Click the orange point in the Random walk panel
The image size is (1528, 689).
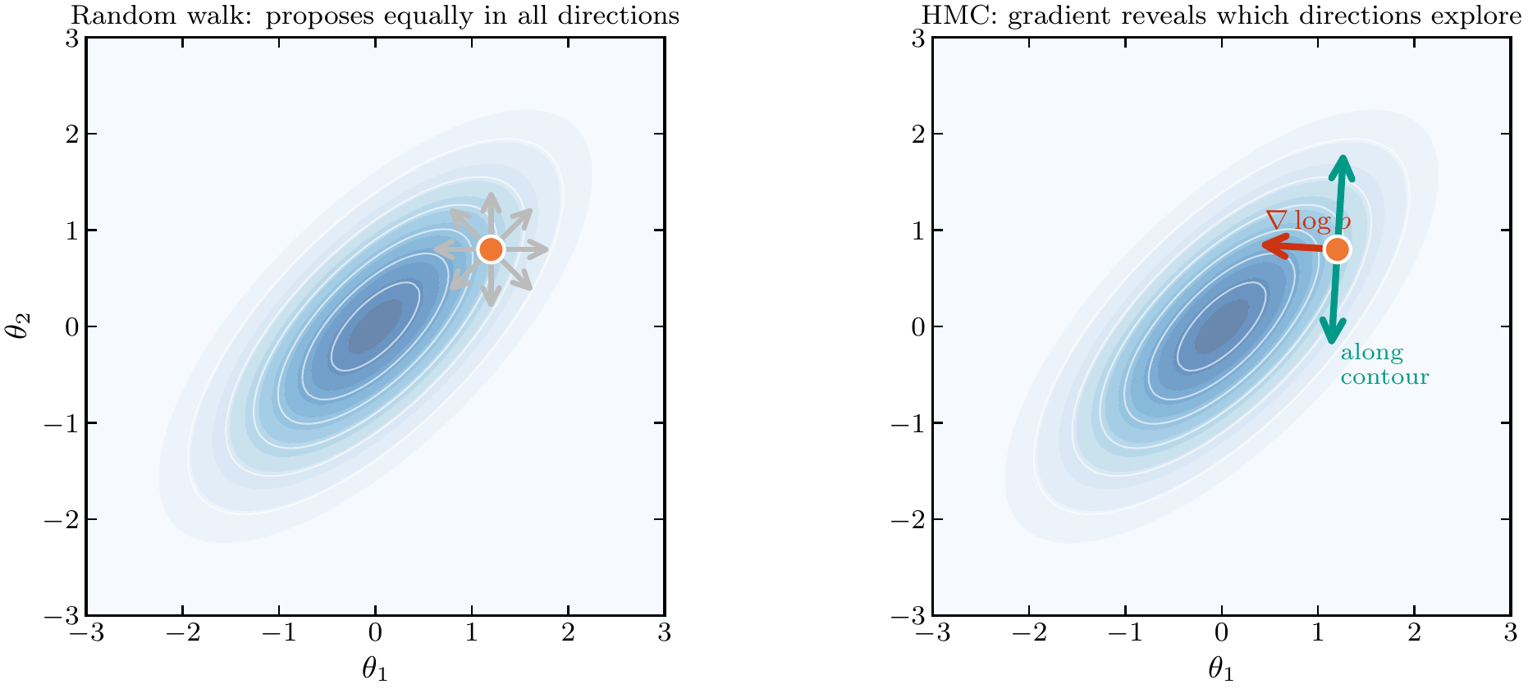(491, 249)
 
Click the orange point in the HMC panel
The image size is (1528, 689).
(1337, 249)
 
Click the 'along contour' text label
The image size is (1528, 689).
(1384, 365)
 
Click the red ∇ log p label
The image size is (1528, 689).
(1307, 221)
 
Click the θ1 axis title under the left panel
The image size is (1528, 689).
(375, 669)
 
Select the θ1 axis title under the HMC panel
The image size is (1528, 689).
(1221, 669)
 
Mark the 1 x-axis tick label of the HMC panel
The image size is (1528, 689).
(1318, 633)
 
